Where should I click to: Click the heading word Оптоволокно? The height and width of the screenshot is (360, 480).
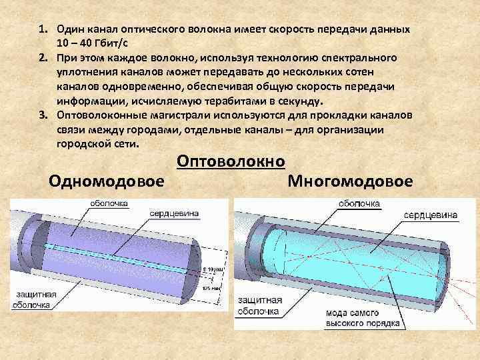pos(231,161)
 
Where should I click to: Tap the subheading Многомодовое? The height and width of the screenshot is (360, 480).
pos(350,181)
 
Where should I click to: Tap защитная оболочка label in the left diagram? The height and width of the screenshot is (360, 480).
pos(31,300)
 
